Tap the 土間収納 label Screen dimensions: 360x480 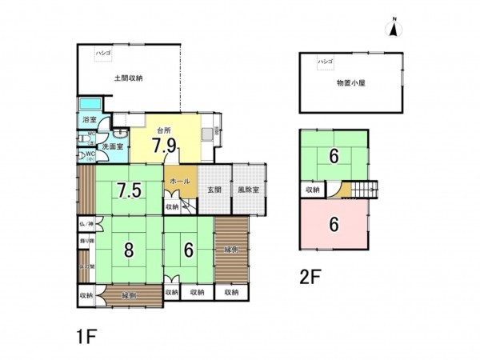128,78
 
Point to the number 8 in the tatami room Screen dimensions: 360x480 128,249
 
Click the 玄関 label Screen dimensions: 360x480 214,190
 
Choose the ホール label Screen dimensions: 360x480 180,182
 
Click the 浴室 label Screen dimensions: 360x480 88,120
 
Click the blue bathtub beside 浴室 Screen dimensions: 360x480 89,104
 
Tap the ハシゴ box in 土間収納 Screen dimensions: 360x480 104,52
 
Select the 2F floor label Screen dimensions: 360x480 310,278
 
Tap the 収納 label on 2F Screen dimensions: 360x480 313,190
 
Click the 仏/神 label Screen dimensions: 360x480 86,226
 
